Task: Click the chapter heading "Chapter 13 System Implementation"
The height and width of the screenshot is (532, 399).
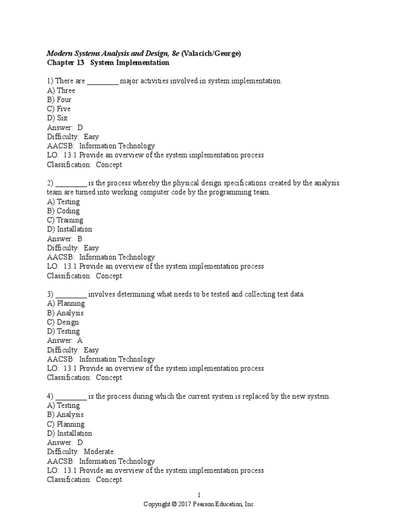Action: [108, 63]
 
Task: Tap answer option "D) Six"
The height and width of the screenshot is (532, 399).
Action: [57, 118]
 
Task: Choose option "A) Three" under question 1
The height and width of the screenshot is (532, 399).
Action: [61, 90]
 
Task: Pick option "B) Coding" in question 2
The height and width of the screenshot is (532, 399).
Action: [63, 211]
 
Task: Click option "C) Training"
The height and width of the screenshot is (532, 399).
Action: [65, 220]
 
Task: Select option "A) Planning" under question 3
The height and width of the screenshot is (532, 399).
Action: [65, 303]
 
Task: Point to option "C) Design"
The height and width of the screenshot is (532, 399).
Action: [63, 322]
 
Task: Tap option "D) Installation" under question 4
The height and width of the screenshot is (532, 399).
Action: [69, 433]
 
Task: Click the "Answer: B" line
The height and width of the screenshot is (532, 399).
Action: [64, 238]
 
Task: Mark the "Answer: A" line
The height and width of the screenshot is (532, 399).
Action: [64, 340]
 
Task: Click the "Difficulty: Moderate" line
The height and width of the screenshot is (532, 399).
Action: [80, 451]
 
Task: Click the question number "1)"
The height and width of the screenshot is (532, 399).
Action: [50, 81]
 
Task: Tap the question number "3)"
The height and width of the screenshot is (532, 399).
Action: [50, 294]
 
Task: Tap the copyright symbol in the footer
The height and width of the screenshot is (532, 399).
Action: [174, 504]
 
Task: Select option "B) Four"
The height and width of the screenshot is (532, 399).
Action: [59, 99]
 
